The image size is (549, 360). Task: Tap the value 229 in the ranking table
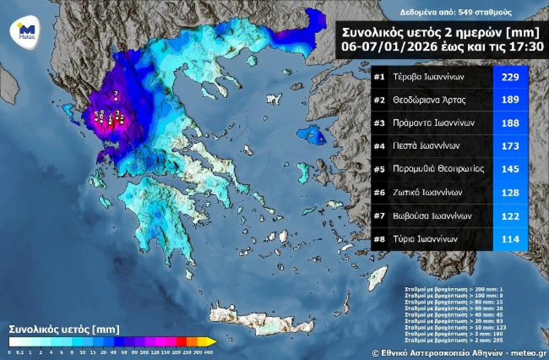[x=510, y=77]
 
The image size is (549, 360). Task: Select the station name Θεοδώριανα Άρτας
[x=429, y=100]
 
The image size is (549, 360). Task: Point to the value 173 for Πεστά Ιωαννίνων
[x=510, y=146]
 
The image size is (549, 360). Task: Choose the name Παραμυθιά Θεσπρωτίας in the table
[x=438, y=169]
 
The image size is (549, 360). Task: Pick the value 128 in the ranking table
[x=510, y=193]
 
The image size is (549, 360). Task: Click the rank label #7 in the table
[x=379, y=216]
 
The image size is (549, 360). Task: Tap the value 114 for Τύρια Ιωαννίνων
[x=510, y=239]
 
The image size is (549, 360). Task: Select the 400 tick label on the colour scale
[x=206, y=352]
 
